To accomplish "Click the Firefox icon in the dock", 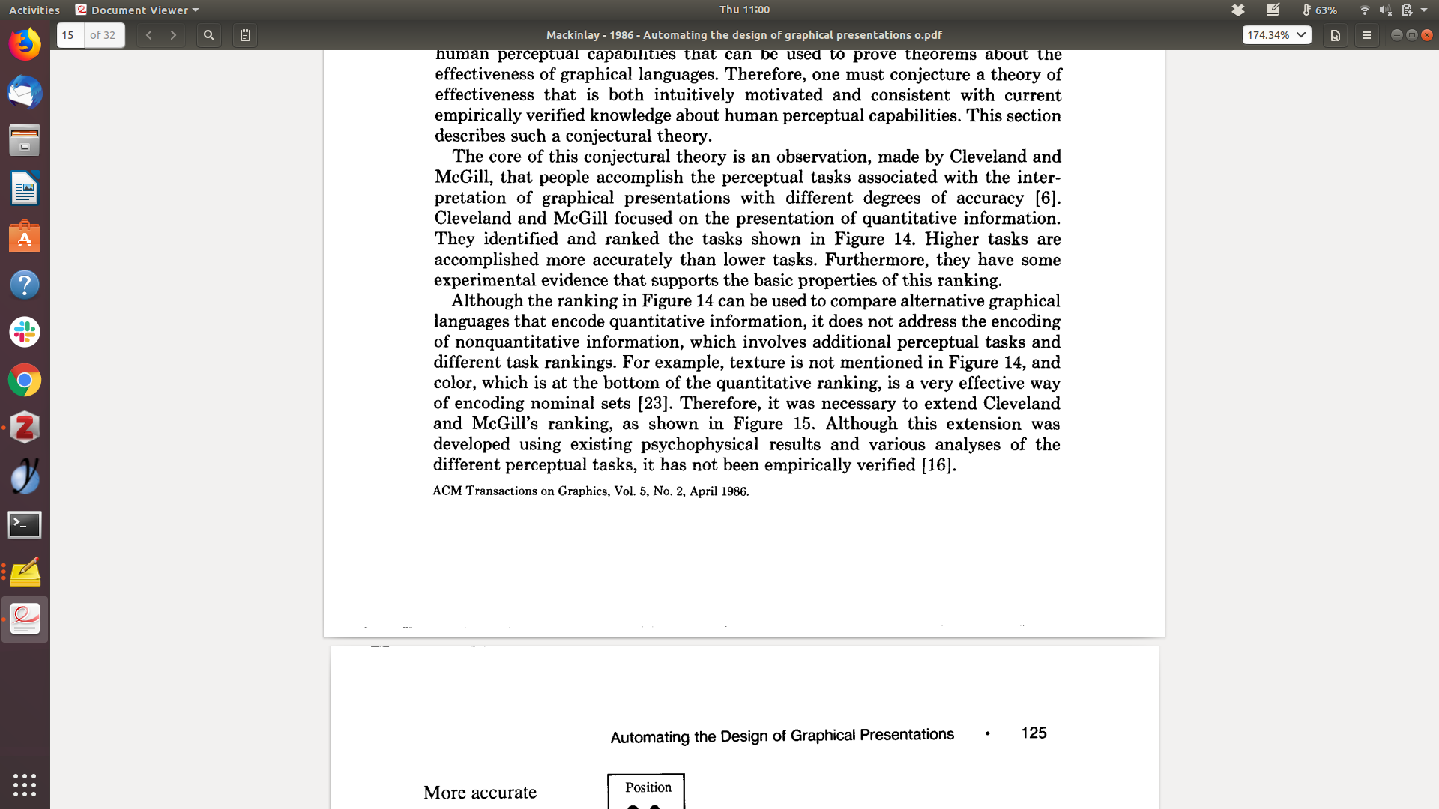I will [25, 45].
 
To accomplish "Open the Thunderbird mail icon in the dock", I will [25, 93].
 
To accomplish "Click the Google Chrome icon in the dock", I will [25, 381].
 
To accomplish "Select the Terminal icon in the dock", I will [25, 524].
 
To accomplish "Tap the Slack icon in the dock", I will [25, 332].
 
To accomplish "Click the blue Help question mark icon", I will [25, 285].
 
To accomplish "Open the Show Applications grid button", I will [25, 784].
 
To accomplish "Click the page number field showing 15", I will [70, 35].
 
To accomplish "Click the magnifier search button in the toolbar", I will [209, 35].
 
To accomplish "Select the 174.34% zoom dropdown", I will [1276, 35].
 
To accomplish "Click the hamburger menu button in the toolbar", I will [1366, 35].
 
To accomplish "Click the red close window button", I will [1427, 35].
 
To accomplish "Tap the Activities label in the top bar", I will [34, 10].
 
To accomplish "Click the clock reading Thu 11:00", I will [744, 10].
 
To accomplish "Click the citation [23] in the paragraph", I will [653, 404].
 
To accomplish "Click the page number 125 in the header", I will [1034, 733].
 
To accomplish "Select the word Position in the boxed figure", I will [648, 787].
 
